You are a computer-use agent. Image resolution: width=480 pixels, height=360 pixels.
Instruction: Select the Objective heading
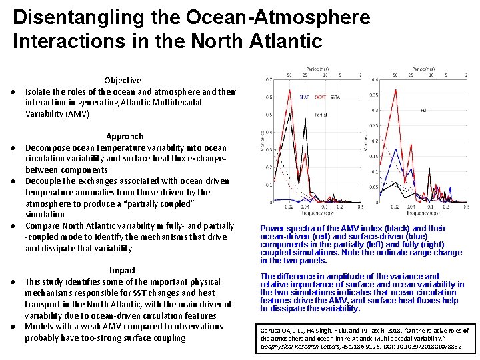[123, 80]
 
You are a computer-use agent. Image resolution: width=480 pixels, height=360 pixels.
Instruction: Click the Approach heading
[125, 136]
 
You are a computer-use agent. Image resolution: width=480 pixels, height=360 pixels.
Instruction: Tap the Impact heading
[123, 270]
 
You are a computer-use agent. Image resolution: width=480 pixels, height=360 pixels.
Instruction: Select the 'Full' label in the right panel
[424, 111]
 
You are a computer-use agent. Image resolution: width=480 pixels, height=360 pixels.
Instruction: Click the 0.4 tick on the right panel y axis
[375, 80]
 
